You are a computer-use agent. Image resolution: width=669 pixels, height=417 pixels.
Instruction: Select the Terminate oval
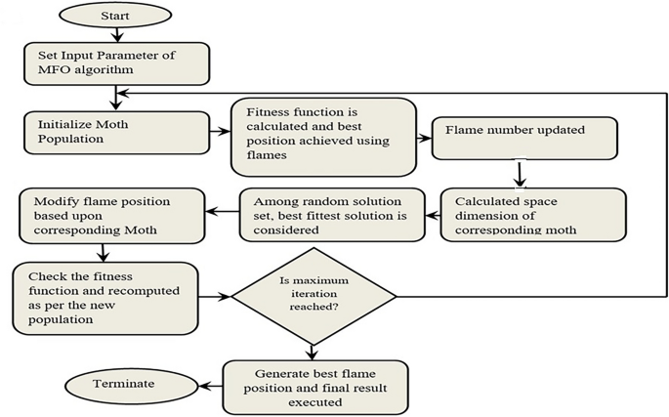tap(122, 383)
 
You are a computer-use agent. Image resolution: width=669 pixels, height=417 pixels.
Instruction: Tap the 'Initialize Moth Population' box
tap(115, 133)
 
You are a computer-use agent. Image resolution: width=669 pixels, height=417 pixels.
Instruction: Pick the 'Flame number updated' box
tap(523, 138)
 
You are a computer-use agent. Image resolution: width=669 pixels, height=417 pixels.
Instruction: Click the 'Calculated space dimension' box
tap(532, 212)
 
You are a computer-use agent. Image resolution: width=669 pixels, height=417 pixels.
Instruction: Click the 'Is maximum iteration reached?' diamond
tap(313, 295)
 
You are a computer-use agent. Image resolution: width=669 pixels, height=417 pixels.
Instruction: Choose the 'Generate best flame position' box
tap(314, 386)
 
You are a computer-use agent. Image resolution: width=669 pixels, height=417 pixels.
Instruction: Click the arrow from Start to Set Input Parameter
tap(116, 33)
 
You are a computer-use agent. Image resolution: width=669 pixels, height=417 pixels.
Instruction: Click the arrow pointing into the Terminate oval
tap(203, 384)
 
